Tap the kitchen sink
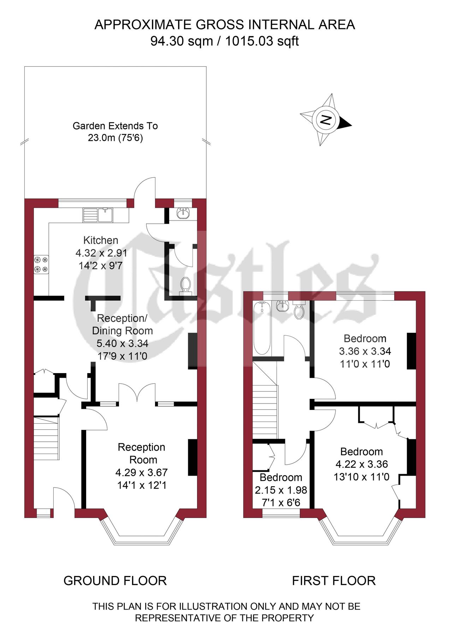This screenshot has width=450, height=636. (98, 215)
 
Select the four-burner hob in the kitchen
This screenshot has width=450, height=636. (41, 265)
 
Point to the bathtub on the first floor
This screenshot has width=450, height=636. (262, 328)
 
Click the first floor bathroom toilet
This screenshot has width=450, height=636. (299, 310)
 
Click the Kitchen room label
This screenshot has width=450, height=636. (101, 240)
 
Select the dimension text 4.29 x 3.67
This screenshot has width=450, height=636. (141, 472)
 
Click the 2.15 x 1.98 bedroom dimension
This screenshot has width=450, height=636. (281, 490)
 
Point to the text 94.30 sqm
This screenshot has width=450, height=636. (182, 41)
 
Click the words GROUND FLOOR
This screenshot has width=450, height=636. (115, 581)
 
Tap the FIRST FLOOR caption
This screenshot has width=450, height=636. (334, 581)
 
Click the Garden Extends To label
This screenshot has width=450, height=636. (115, 126)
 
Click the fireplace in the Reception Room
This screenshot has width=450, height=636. (193, 457)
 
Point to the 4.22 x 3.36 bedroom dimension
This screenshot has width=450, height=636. (362, 464)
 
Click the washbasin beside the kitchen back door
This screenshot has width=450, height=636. (183, 213)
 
